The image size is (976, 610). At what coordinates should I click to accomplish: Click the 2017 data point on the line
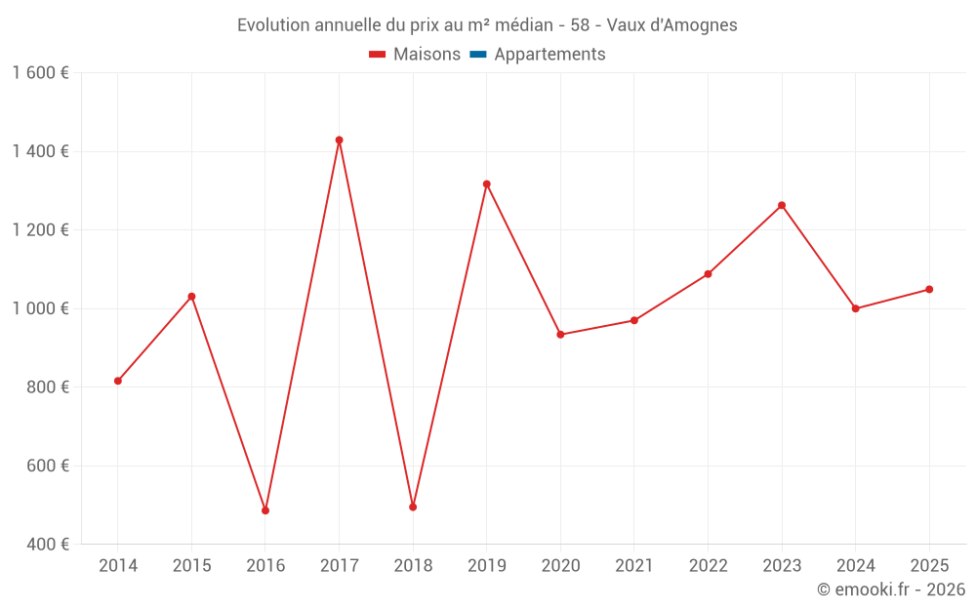(339, 141)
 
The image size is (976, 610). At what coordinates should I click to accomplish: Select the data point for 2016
(265, 510)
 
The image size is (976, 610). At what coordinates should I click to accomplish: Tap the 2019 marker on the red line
(486, 183)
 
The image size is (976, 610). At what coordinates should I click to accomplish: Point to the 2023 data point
(782, 206)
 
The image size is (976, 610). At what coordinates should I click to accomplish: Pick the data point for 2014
(118, 381)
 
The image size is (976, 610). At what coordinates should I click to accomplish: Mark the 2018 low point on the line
(413, 507)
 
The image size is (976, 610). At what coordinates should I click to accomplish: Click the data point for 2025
(929, 289)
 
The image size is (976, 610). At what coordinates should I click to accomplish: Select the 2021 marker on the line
(634, 320)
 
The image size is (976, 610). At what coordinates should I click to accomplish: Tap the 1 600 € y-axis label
(40, 73)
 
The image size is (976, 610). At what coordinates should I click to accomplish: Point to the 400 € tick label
(47, 545)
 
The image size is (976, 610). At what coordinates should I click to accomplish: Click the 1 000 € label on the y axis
(40, 308)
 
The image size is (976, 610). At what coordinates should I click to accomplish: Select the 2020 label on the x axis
(560, 566)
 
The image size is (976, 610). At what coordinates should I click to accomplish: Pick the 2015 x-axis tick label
(191, 566)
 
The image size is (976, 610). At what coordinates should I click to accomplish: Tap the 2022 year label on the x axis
(708, 566)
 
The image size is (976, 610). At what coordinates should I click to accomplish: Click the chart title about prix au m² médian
(487, 24)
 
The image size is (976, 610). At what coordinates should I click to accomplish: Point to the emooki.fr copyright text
(891, 590)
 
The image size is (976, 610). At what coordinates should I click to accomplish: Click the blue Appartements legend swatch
(478, 55)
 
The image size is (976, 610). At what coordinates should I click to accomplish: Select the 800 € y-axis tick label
(47, 387)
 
